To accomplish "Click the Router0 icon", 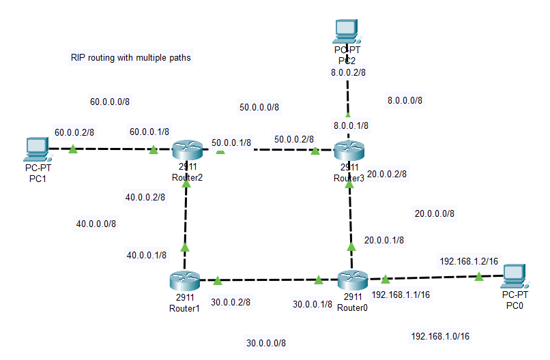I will click(x=352, y=280).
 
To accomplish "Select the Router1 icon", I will click(x=184, y=280).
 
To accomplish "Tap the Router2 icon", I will click(x=185, y=149).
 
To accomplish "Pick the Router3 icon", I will click(x=349, y=149).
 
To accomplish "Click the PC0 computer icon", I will click(x=515, y=274).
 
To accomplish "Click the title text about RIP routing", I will click(x=130, y=58).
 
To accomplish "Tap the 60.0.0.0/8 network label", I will click(x=110, y=102).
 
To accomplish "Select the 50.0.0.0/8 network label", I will click(x=259, y=107).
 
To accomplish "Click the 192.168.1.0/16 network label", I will click(x=440, y=336).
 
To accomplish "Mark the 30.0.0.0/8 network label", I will click(x=266, y=342).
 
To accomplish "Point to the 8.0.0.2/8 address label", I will click(x=347, y=72).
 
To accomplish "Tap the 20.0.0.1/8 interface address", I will click(x=383, y=240).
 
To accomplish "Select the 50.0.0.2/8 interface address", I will click(x=294, y=139).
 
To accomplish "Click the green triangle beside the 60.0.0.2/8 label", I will click(x=73, y=149).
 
